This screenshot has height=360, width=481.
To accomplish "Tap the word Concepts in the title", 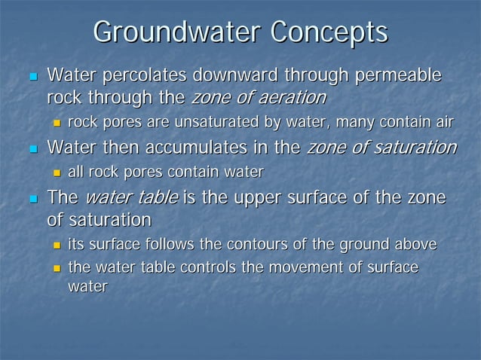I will click(x=329, y=34).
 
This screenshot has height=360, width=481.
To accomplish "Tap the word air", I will click(x=443, y=123).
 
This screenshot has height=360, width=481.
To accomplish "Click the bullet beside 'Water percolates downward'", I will click(x=32, y=77).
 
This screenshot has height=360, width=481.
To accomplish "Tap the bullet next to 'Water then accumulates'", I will click(x=32, y=148).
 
